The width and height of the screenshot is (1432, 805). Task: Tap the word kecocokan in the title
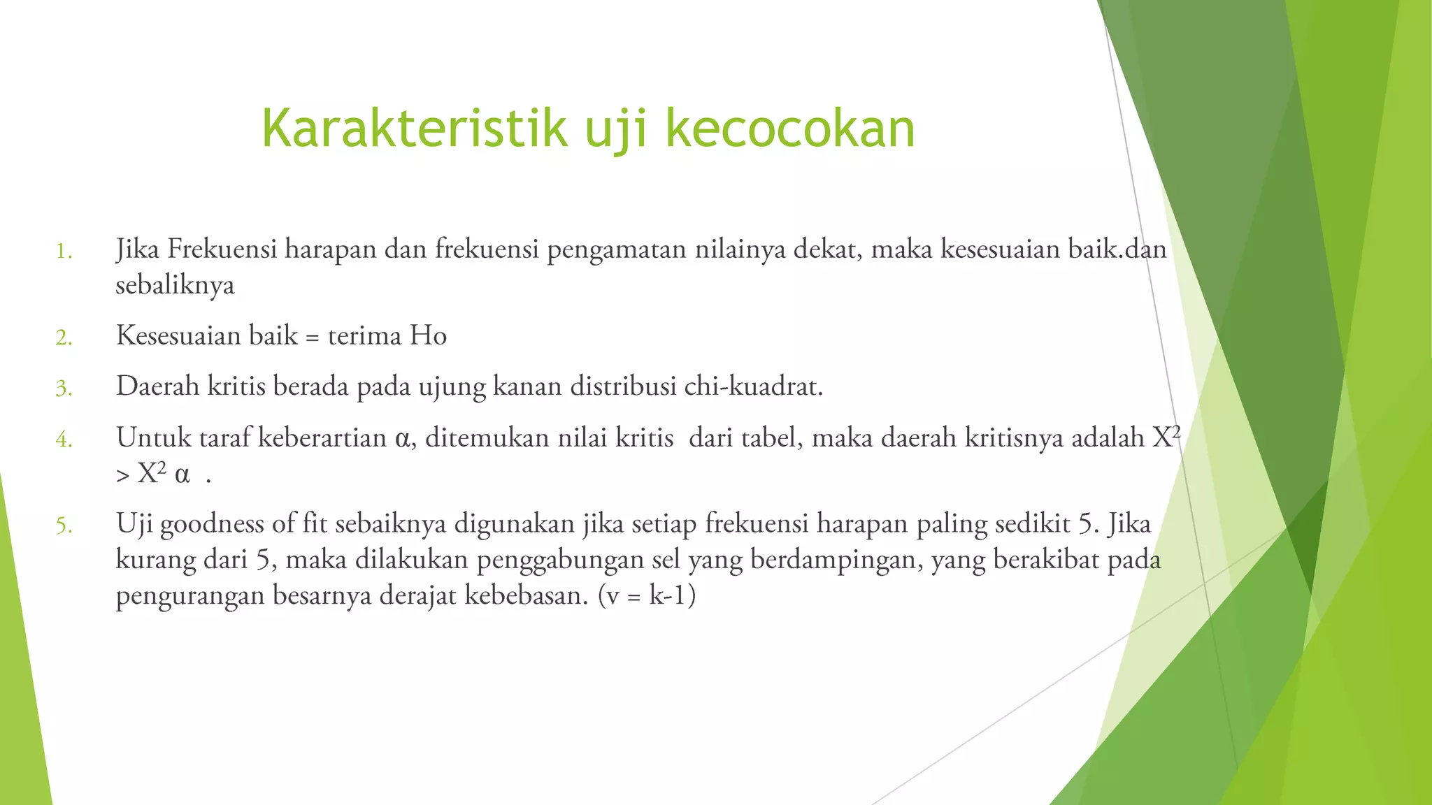(790, 129)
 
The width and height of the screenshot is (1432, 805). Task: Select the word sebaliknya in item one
(175, 285)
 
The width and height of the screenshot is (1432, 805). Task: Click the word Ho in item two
(428, 336)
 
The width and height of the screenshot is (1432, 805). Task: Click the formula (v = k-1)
(647, 596)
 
